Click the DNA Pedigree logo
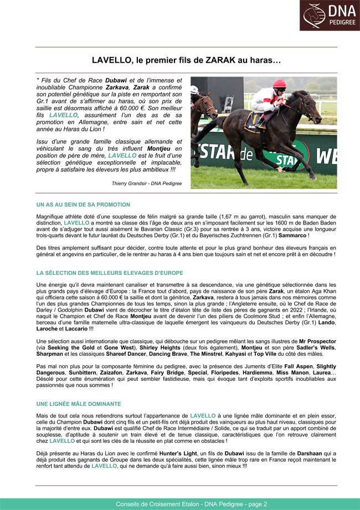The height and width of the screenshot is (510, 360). [x=330, y=16]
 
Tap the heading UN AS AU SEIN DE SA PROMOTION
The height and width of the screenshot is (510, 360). [x=83, y=205]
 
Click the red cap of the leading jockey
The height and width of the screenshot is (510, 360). [x=280, y=83]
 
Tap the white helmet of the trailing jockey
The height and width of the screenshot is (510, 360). [x=194, y=89]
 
